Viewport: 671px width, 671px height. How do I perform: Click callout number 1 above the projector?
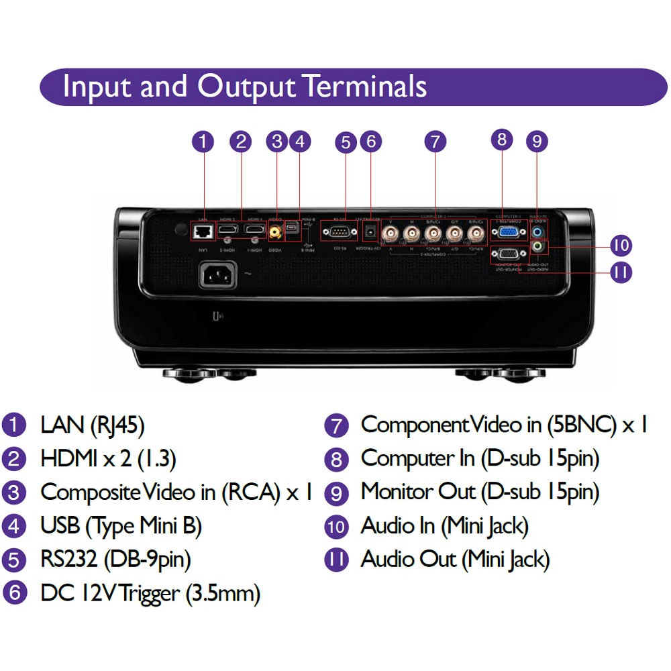point(203,142)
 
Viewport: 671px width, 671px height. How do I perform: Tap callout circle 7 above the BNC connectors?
point(435,142)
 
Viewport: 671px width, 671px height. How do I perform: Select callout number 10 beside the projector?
point(621,246)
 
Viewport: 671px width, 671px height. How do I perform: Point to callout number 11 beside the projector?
point(621,272)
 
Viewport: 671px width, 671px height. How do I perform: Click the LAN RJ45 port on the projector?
point(202,231)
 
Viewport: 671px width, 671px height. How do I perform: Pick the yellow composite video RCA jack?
point(275,232)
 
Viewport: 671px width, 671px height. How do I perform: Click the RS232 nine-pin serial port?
point(335,233)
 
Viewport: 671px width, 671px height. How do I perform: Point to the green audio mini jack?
point(537,248)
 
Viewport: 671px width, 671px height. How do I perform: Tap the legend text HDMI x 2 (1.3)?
point(108,459)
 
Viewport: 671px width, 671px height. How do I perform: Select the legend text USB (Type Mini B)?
point(121,526)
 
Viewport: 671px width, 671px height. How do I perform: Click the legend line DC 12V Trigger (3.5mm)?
point(150,593)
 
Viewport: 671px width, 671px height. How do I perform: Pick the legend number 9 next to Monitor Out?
point(336,493)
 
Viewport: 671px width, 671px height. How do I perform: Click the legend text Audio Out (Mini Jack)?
point(455,559)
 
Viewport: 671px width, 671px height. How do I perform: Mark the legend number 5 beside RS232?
point(13,560)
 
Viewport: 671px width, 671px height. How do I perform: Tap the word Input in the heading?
point(91,87)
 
